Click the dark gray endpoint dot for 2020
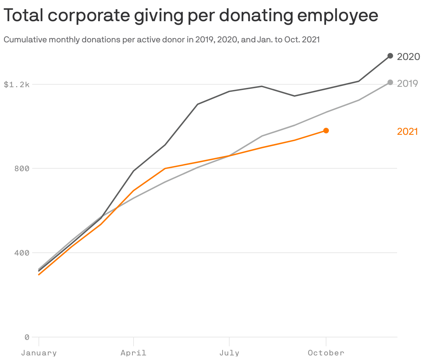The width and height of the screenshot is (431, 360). point(390,56)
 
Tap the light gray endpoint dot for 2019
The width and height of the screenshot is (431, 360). point(390,82)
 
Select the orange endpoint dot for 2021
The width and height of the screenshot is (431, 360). point(326,131)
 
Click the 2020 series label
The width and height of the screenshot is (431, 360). point(408,56)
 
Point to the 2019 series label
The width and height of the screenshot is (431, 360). point(407,83)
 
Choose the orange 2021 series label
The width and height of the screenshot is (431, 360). point(407,131)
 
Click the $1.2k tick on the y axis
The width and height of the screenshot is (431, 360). point(16,84)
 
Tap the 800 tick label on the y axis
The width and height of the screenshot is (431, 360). point(22,168)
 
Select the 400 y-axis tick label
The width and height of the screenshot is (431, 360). point(22,253)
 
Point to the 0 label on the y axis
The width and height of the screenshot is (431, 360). point(26,337)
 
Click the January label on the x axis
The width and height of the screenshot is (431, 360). point(39,353)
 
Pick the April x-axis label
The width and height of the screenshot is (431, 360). point(133,353)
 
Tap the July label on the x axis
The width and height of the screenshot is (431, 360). point(229,353)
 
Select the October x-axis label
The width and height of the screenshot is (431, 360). point(326,353)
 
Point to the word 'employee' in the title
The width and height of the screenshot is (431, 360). point(337,16)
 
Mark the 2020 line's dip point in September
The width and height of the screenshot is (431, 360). point(294,96)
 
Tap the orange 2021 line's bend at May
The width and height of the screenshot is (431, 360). point(165,169)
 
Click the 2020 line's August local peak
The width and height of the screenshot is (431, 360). point(262,86)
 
